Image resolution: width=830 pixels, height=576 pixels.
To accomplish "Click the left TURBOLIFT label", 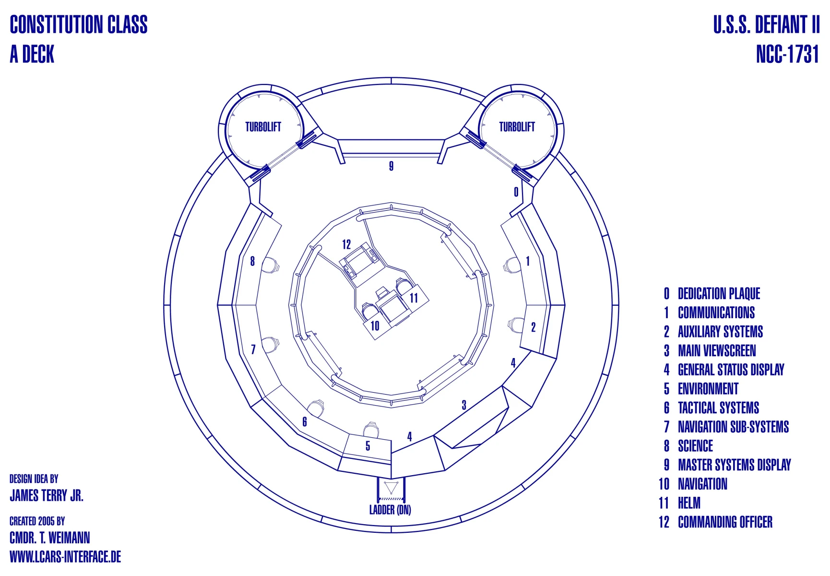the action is coord(263,127).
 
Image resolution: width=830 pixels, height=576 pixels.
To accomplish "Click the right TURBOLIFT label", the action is coord(517,127).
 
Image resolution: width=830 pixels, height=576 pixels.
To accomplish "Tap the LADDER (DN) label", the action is coord(390,510).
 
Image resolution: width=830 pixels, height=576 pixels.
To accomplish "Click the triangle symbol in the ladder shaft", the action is coord(391,488).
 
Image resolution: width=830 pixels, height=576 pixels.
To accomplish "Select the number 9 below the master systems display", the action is coord(391,166).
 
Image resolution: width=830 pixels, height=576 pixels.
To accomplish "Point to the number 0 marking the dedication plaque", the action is coord(516,192).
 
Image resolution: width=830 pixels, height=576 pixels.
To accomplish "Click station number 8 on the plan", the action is coord(252,261).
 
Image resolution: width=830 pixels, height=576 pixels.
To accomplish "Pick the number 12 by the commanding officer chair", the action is coord(346,245).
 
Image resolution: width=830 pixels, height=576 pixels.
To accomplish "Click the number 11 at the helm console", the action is coord(414,298).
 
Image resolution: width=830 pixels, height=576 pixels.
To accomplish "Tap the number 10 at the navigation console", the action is coord(375,326).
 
